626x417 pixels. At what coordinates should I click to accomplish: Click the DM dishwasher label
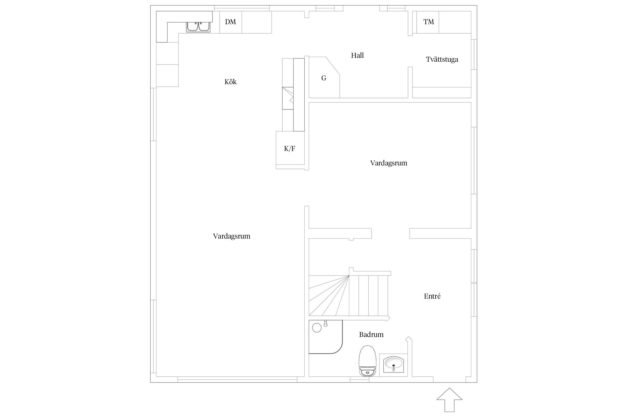pos(230,22)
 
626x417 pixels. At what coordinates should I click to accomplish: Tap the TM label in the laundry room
pos(428,22)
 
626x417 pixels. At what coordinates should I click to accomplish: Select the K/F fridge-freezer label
pos(289,149)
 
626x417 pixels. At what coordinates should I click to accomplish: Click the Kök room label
pos(230,82)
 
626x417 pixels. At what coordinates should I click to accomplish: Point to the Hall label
pos(357,55)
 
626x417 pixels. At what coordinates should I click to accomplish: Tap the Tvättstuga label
pos(442,59)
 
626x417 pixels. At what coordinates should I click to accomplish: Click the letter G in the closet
pos(324,78)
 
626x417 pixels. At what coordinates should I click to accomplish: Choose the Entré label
pos(432,296)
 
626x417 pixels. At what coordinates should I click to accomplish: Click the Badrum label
pos(371,334)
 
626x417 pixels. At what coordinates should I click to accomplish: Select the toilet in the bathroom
pos(368,361)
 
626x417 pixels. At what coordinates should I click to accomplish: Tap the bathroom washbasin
pos(393,364)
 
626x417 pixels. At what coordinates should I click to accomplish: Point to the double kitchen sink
pos(198,27)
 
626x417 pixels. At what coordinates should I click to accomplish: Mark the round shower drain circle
pos(317,328)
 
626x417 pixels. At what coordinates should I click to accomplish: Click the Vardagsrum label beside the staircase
pos(231,236)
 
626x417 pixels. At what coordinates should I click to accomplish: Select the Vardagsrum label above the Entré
pos(388,163)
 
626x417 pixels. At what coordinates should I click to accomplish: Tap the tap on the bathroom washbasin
pos(393,368)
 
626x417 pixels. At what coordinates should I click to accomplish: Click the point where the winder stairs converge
pos(349,275)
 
